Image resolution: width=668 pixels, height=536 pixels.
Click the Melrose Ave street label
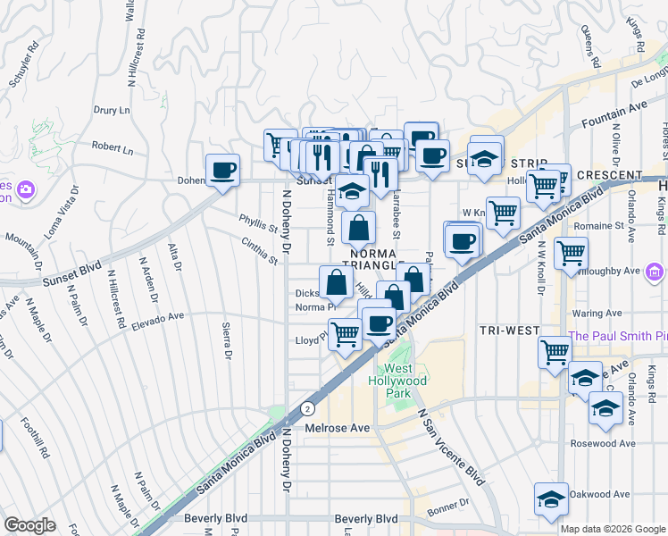pos(337,429)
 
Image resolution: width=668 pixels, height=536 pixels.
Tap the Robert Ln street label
pos(112,147)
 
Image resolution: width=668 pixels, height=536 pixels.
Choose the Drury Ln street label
pos(112,110)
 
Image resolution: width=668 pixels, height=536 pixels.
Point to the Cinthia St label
pos(259,251)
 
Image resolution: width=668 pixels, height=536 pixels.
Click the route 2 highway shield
pos(308,406)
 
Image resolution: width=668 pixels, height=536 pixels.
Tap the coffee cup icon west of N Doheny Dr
pos(222,169)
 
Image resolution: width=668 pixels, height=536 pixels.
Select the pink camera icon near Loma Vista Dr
pos(25,189)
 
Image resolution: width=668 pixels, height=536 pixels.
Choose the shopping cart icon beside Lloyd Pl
pos(346,333)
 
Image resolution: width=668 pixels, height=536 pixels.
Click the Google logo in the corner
pos(29,525)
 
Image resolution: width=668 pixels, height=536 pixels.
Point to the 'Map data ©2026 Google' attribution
pos(613,529)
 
